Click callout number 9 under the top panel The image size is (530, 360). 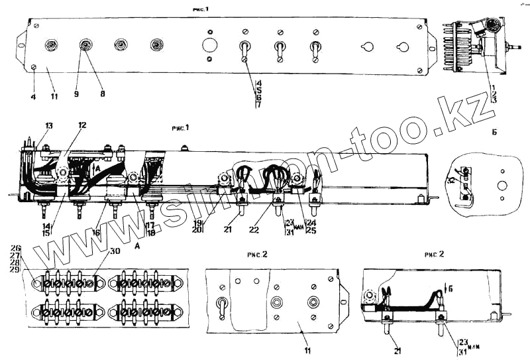pyautogui.click(x=76, y=95)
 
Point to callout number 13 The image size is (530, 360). pyautogui.click(x=49, y=125)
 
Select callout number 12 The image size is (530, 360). pyautogui.click(x=82, y=125)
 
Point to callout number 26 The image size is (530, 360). pyautogui.click(x=16, y=249)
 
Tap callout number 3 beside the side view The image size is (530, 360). pyautogui.click(x=494, y=100)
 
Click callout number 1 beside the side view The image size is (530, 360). pyautogui.click(x=494, y=87)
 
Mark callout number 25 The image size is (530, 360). pyautogui.click(x=311, y=231)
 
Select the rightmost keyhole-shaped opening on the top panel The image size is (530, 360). pyautogui.click(x=402, y=47)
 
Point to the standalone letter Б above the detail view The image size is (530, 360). pyautogui.click(x=495, y=133)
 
